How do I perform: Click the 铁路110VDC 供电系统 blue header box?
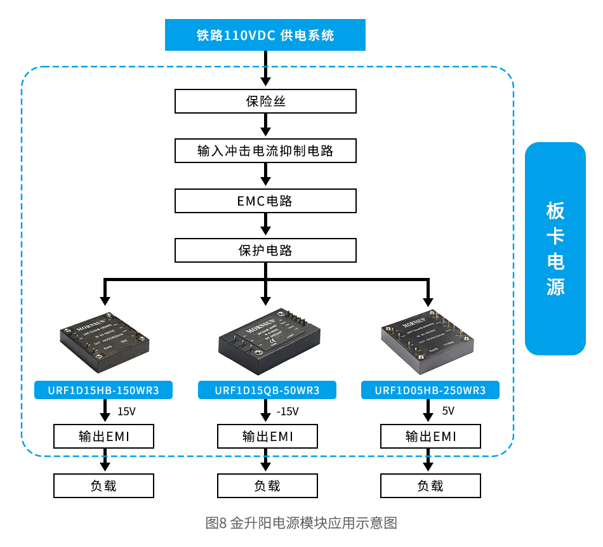[265, 35]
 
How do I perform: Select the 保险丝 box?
[265, 101]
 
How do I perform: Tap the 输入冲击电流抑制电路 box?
[265, 151]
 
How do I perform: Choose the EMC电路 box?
[265, 201]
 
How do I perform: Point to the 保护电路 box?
[265, 250]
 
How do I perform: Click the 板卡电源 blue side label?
[555, 249]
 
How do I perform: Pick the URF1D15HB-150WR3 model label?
[103, 390]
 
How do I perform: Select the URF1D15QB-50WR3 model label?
[267, 390]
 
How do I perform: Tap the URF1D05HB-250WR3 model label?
[430, 390]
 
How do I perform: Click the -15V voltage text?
[288, 411]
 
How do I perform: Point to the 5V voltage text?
[448, 411]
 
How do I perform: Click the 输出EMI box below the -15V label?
[267, 437]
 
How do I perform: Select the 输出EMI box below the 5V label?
[430, 437]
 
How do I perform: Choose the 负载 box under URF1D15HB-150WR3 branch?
[103, 486]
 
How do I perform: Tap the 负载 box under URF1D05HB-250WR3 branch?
[430, 486]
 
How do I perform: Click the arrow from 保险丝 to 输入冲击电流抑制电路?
[266, 126]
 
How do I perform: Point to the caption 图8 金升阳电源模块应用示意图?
[301, 523]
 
